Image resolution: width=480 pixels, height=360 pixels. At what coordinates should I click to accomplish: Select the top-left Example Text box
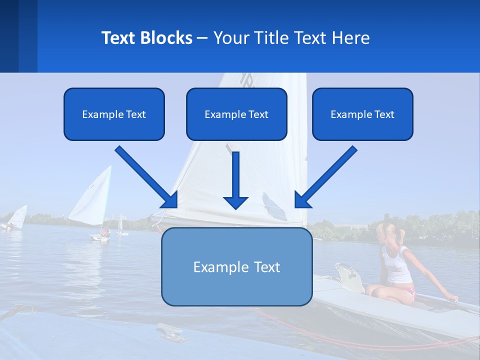(x=114, y=114)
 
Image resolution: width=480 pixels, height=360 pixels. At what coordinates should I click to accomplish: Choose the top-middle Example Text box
(x=236, y=114)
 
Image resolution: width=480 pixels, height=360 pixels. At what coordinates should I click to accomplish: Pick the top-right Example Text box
(x=362, y=114)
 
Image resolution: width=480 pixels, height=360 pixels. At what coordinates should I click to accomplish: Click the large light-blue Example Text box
(x=236, y=267)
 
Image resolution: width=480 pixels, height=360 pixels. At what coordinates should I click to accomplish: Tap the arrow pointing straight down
(x=235, y=180)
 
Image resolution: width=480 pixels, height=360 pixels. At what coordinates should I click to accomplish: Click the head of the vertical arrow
(x=235, y=202)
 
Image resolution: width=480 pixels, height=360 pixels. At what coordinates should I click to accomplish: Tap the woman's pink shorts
(x=407, y=291)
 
